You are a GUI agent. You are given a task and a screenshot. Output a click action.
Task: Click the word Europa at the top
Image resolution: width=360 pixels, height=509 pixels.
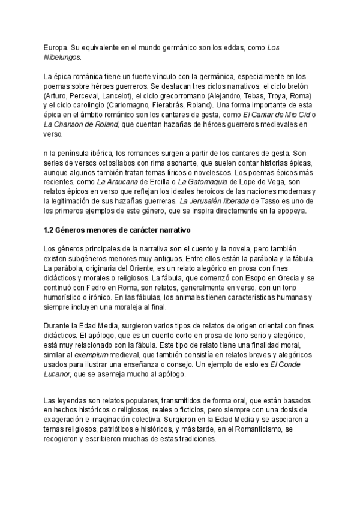pos(55,47)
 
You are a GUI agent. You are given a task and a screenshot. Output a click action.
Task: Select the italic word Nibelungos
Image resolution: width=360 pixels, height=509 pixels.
pos(61,58)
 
